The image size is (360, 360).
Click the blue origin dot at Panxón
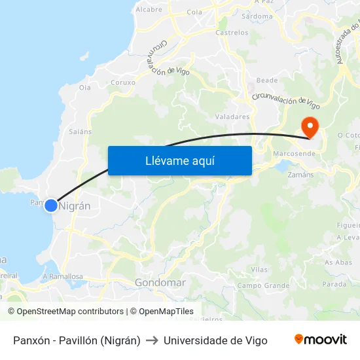pos(51,206)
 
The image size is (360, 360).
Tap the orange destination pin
pos(308,126)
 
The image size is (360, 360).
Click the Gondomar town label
pos(160,283)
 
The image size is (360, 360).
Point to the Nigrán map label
pos(75,206)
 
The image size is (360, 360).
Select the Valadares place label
pos(232,117)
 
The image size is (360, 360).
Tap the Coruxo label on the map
pos(123,82)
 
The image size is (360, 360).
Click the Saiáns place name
pos(80,131)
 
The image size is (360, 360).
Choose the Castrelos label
pos(232,32)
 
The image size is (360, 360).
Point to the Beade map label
pos(267,81)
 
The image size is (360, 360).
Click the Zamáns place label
pos(300,175)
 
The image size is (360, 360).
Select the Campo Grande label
pos(263,285)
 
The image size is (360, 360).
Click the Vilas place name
pos(259,270)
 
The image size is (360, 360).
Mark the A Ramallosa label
pos(63,276)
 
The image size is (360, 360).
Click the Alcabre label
pos(149,10)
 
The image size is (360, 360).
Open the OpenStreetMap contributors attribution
pos(65,312)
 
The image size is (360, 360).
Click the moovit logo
pos(321,340)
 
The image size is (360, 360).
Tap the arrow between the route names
pos(152,340)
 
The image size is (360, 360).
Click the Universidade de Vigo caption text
pos(215,340)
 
